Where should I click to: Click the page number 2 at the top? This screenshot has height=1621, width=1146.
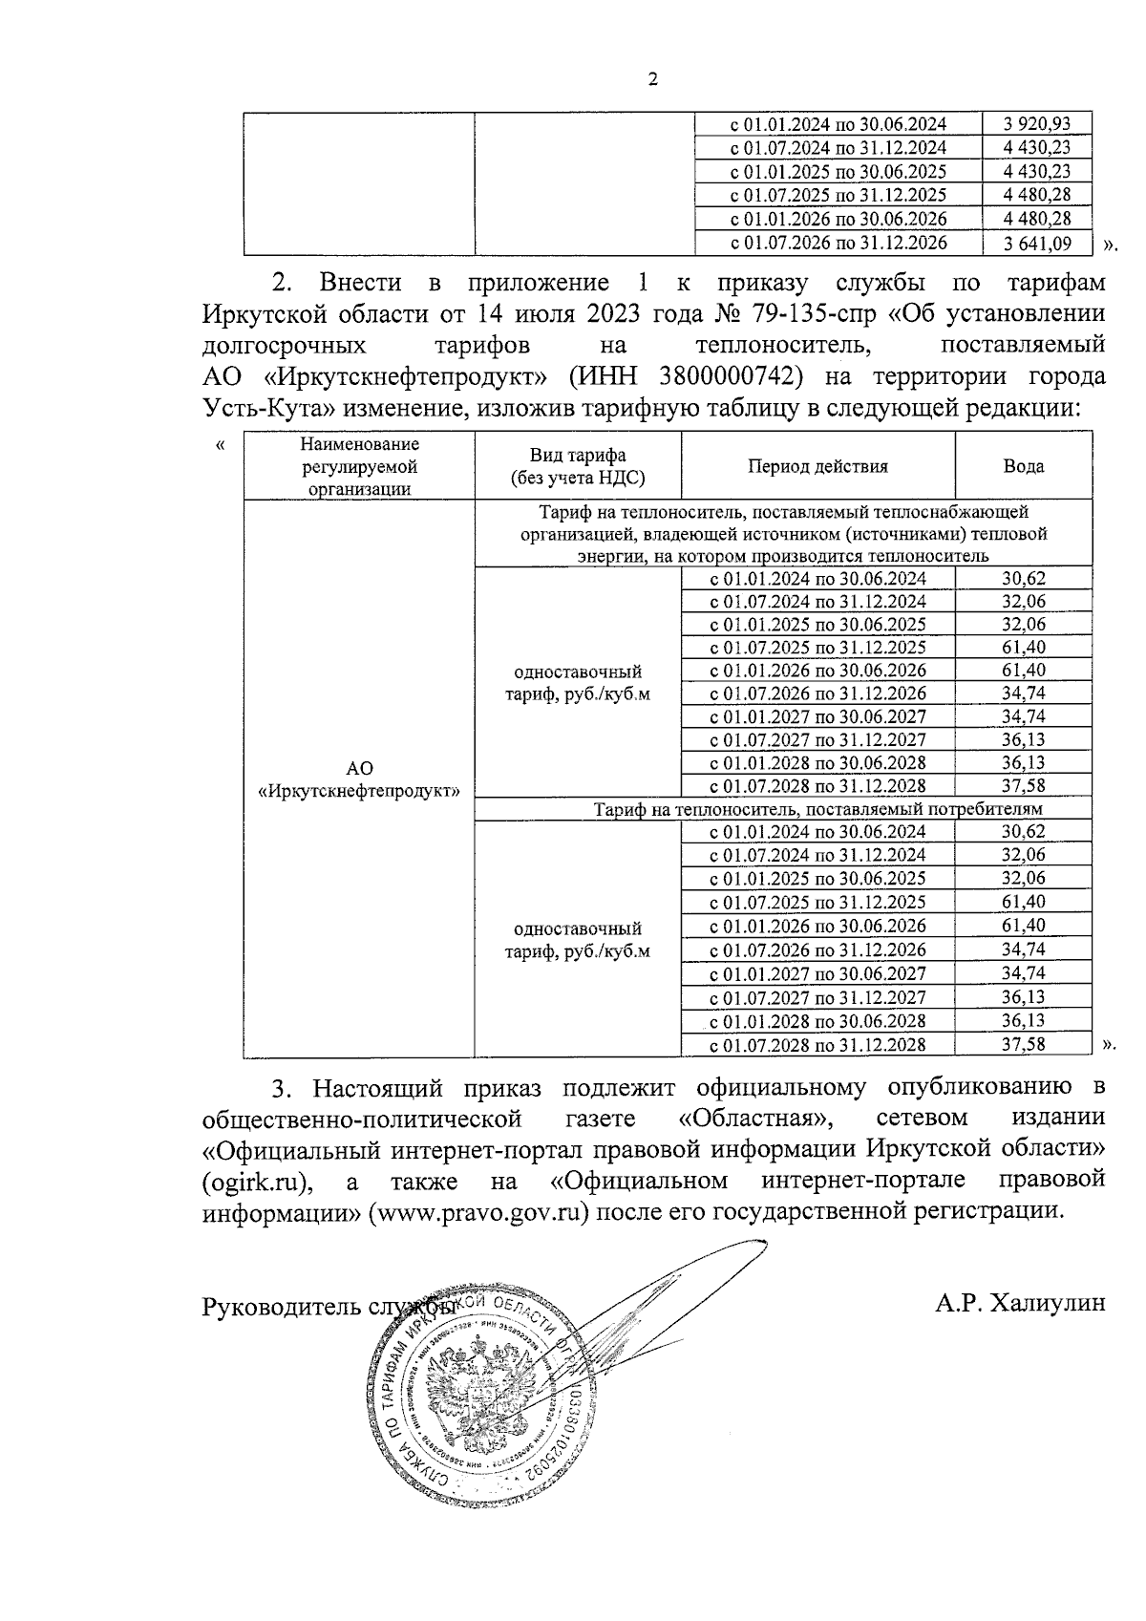coord(653,80)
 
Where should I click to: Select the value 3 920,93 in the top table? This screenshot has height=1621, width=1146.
coord(1037,124)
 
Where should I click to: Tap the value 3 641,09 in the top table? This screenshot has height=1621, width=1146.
coord(1037,244)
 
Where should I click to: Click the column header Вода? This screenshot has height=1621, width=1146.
coord(1023,466)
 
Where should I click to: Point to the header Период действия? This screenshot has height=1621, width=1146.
coord(817,466)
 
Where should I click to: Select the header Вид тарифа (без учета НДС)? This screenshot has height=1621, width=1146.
coord(578,466)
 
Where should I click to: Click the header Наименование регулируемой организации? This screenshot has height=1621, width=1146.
coord(359,466)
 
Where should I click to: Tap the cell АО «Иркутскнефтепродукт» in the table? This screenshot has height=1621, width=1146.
coord(359,779)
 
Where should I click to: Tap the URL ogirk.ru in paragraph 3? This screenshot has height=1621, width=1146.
coord(256,1181)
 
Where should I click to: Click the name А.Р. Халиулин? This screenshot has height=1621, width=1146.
coord(1021,1302)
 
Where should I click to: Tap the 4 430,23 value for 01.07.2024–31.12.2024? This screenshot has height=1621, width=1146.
coord(1037,148)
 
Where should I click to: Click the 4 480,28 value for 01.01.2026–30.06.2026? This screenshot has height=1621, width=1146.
coord(1037,220)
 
